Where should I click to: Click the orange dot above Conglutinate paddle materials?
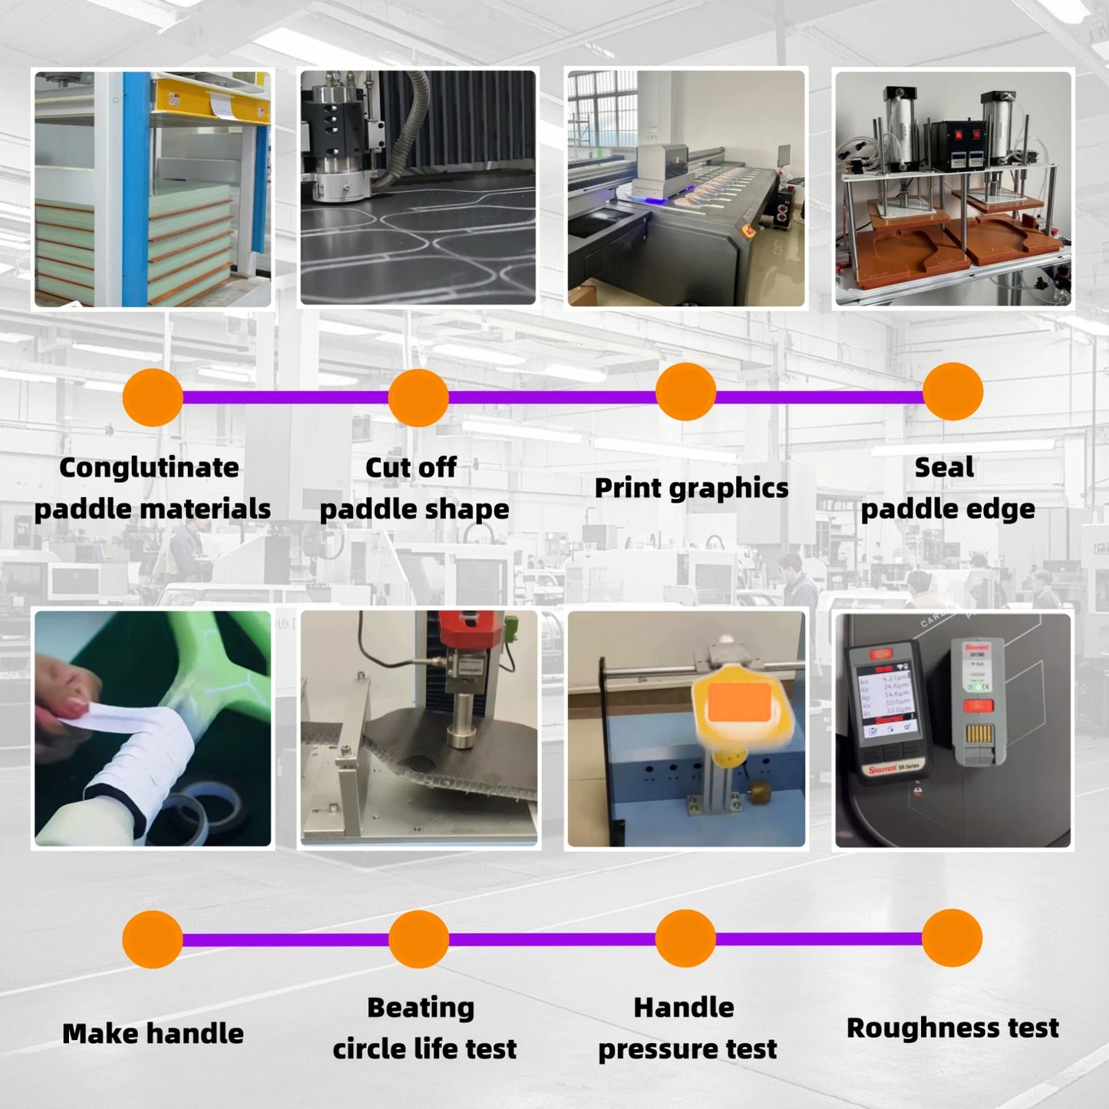pyautogui.click(x=153, y=397)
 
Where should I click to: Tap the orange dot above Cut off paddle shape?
pyautogui.click(x=418, y=397)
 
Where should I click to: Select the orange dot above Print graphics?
pyautogui.click(x=685, y=392)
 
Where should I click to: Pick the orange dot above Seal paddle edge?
pyautogui.click(x=952, y=392)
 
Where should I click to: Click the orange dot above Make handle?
pyautogui.click(x=153, y=939)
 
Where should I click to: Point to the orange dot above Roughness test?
pyautogui.click(x=952, y=938)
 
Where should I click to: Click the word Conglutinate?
pyautogui.click(x=149, y=467)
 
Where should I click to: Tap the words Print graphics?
pyautogui.click(x=691, y=488)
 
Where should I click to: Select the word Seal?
pyautogui.click(x=944, y=467)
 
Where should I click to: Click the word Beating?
pyautogui.click(x=421, y=1008)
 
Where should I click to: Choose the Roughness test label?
pyautogui.click(x=952, y=1028)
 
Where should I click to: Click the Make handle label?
pyautogui.click(x=153, y=1034)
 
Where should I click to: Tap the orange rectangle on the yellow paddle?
pyautogui.click(x=739, y=703)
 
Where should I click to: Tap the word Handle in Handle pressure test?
pyautogui.click(x=684, y=1008)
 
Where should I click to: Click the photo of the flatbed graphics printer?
pyautogui.click(x=686, y=188)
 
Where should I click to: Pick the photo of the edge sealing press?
pyautogui.click(x=952, y=188)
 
